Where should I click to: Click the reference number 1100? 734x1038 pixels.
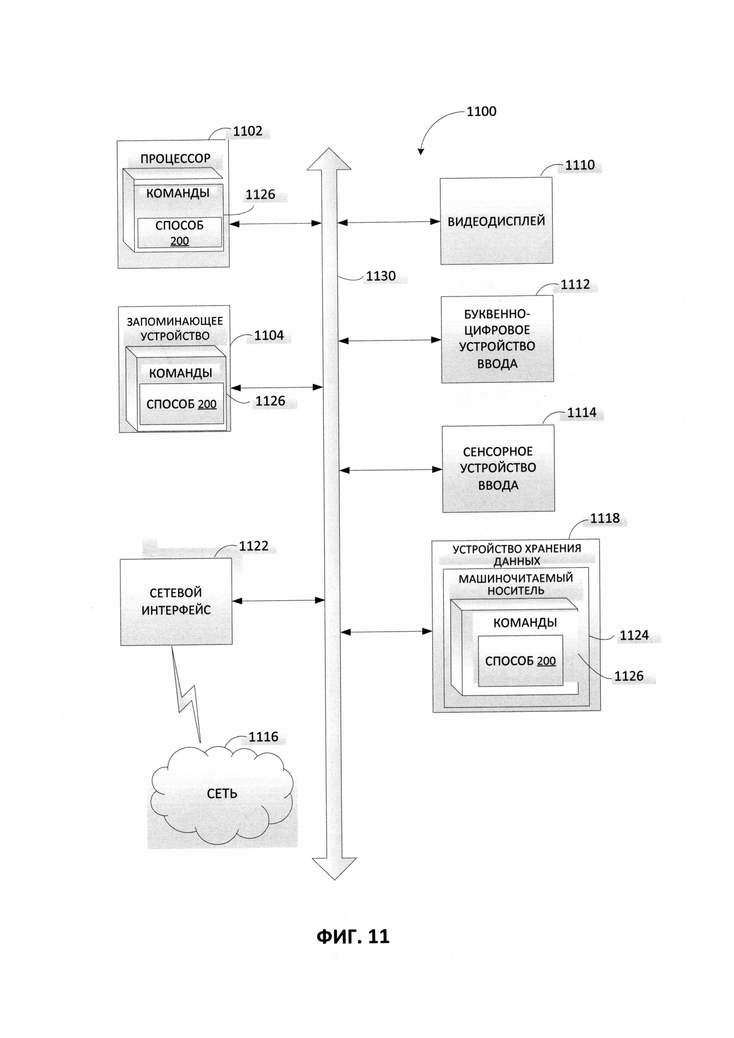click(481, 111)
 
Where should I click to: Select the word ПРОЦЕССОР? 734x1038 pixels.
click(176, 159)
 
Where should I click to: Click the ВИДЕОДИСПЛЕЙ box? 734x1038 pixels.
click(496, 221)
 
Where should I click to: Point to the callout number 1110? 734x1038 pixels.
click(580, 165)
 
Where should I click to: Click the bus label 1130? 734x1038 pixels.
click(381, 276)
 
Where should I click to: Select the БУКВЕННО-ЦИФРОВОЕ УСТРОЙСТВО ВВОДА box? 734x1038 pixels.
click(497, 339)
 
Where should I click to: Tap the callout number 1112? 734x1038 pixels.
click(575, 284)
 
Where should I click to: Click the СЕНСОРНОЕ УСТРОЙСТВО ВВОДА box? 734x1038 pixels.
click(498, 468)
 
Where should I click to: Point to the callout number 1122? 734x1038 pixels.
click(254, 546)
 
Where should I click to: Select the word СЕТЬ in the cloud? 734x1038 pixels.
click(222, 794)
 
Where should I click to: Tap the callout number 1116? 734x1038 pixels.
click(263, 737)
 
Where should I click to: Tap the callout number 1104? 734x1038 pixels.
click(269, 335)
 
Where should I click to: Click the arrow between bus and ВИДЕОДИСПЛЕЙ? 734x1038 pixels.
click(389, 222)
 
